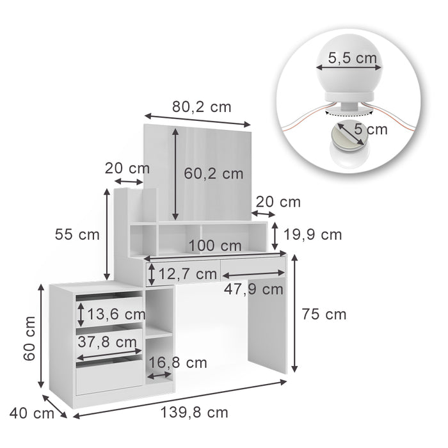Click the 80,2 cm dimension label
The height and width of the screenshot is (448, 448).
(201, 107)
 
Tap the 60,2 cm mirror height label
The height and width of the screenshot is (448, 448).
(214, 173)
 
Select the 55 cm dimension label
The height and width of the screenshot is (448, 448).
(76, 234)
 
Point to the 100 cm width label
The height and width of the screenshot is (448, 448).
(215, 246)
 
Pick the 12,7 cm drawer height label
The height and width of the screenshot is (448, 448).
(188, 275)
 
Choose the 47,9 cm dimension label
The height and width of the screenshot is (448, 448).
(253, 289)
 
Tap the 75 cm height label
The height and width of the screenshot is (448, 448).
(324, 314)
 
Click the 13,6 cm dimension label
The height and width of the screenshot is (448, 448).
(116, 314)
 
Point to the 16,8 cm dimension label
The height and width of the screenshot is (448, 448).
(178, 364)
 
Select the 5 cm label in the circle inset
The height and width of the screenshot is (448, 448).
(371, 130)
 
